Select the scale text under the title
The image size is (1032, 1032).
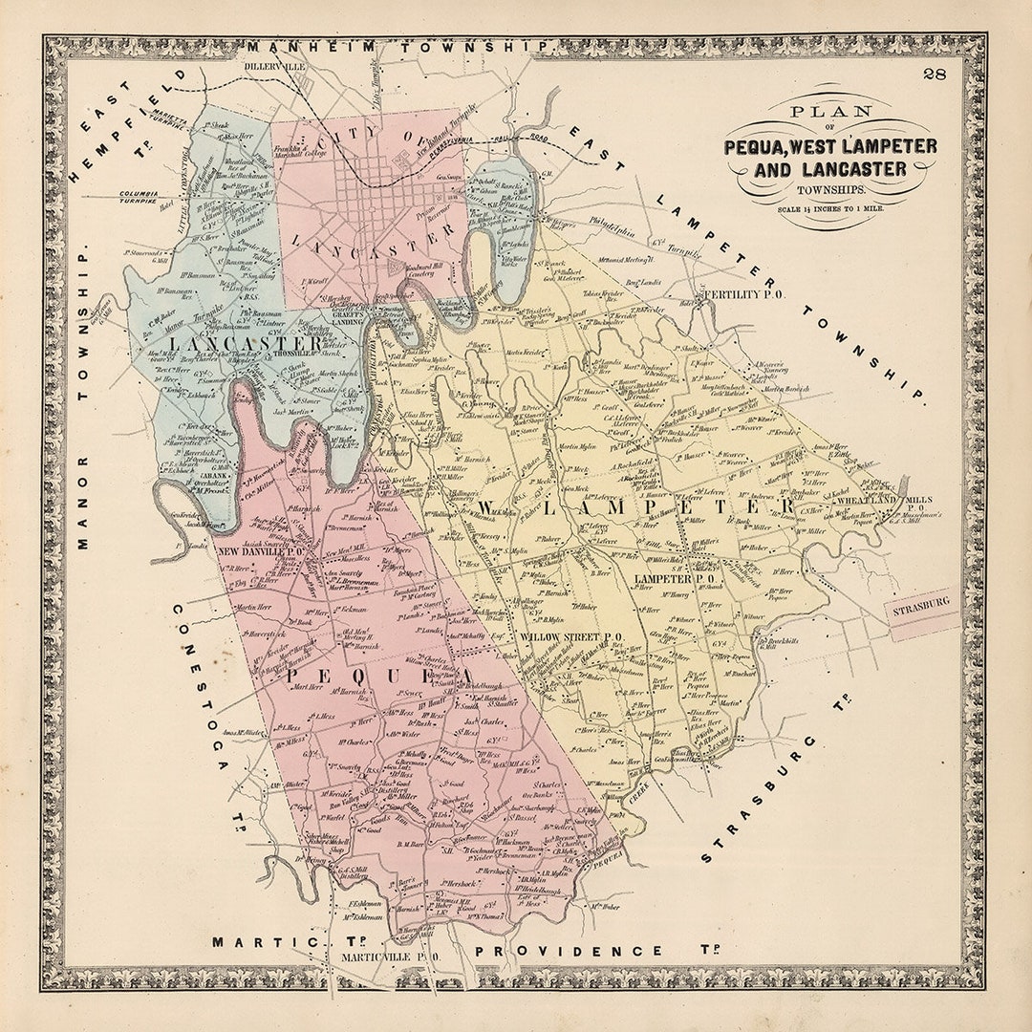pyautogui.click(x=830, y=208)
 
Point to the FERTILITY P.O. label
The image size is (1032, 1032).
pyautogui.click(x=742, y=295)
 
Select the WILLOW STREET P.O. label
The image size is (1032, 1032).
pyautogui.click(x=572, y=636)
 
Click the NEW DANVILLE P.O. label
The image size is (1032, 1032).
pyautogui.click(x=260, y=551)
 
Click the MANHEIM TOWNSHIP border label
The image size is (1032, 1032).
pyautogui.click(x=398, y=46)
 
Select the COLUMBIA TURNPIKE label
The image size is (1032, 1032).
pyautogui.click(x=140, y=197)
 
